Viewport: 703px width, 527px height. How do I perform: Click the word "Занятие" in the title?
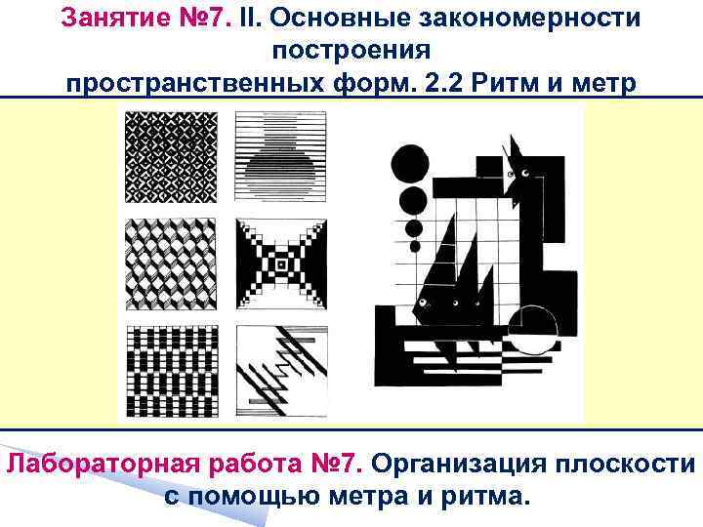[x=115, y=19]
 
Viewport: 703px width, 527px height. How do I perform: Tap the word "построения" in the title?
[x=351, y=50]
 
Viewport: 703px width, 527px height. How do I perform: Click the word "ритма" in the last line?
[x=485, y=497]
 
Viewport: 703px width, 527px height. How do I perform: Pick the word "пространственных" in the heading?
[x=194, y=83]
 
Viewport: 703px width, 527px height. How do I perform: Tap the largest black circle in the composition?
[x=410, y=164]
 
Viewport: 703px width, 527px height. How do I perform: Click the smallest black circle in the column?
[x=415, y=246]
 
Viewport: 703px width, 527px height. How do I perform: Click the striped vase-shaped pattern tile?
[x=280, y=157]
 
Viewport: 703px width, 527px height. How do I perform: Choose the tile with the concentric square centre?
[x=281, y=264]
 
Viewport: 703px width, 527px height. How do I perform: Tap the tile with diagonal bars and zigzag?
[x=282, y=372]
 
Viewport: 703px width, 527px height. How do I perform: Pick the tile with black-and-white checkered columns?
[x=173, y=372]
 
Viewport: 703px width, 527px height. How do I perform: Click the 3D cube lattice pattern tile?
[x=171, y=264]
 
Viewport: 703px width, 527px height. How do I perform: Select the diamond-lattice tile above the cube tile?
[x=171, y=157]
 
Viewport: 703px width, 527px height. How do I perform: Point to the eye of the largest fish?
[x=422, y=303]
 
